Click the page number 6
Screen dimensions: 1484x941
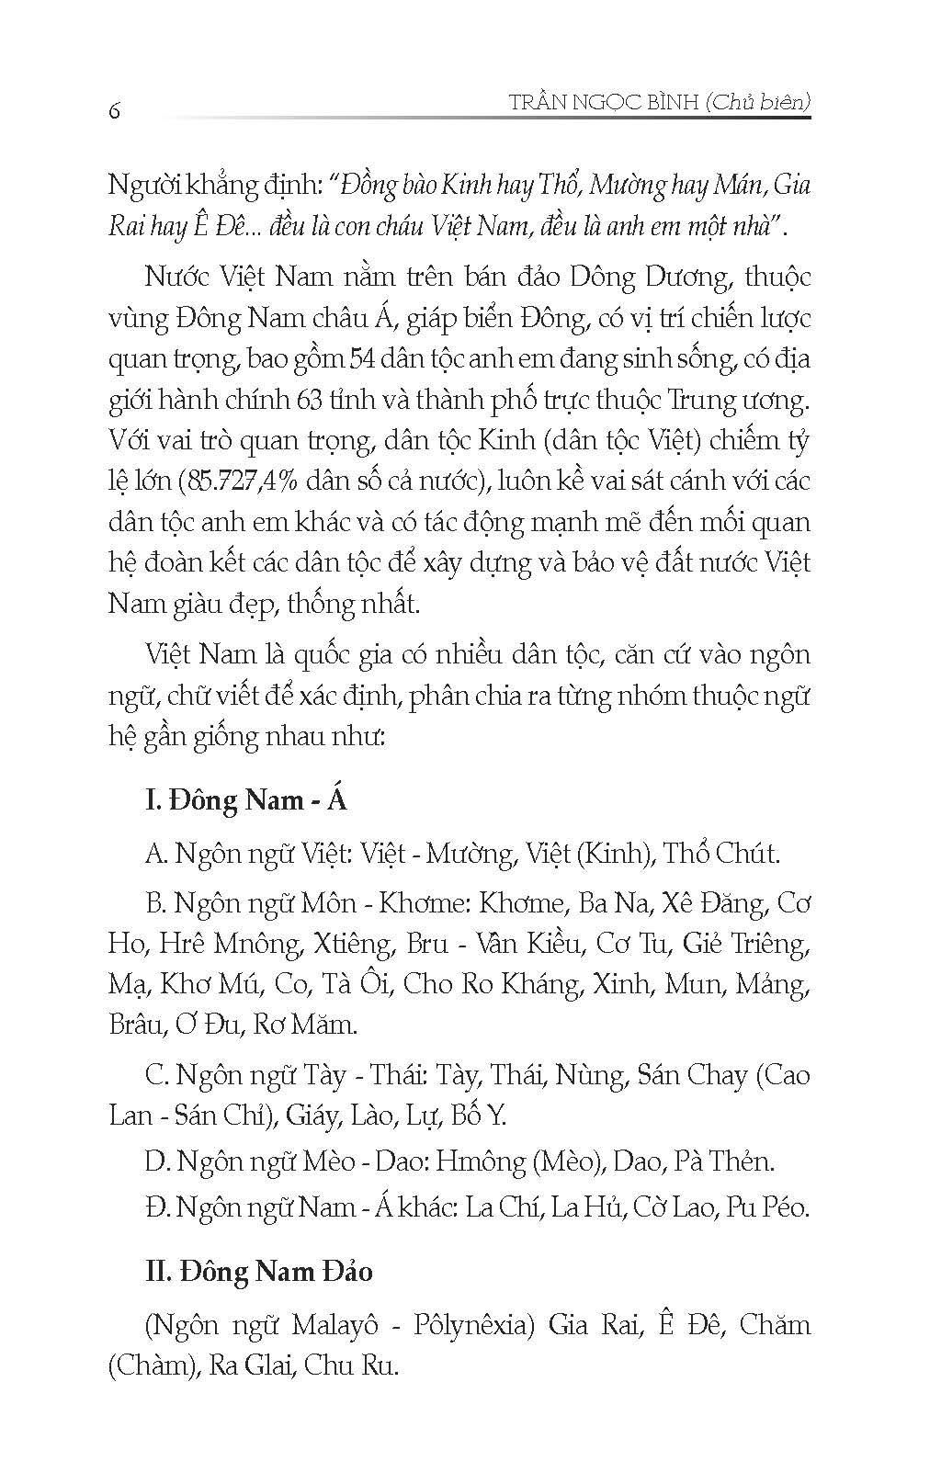pyautogui.click(x=115, y=110)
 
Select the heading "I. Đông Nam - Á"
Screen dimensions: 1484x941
pyautogui.click(x=246, y=799)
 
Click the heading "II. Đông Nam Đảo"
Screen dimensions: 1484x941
pyautogui.click(x=259, y=1272)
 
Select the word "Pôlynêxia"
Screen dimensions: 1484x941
pyautogui.click(x=473, y=1325)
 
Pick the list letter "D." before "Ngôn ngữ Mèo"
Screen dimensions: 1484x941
pyautogui.click(x=157, y=1161)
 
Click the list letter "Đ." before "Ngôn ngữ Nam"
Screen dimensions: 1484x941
pyautogui.click(x=157, y=1206)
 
